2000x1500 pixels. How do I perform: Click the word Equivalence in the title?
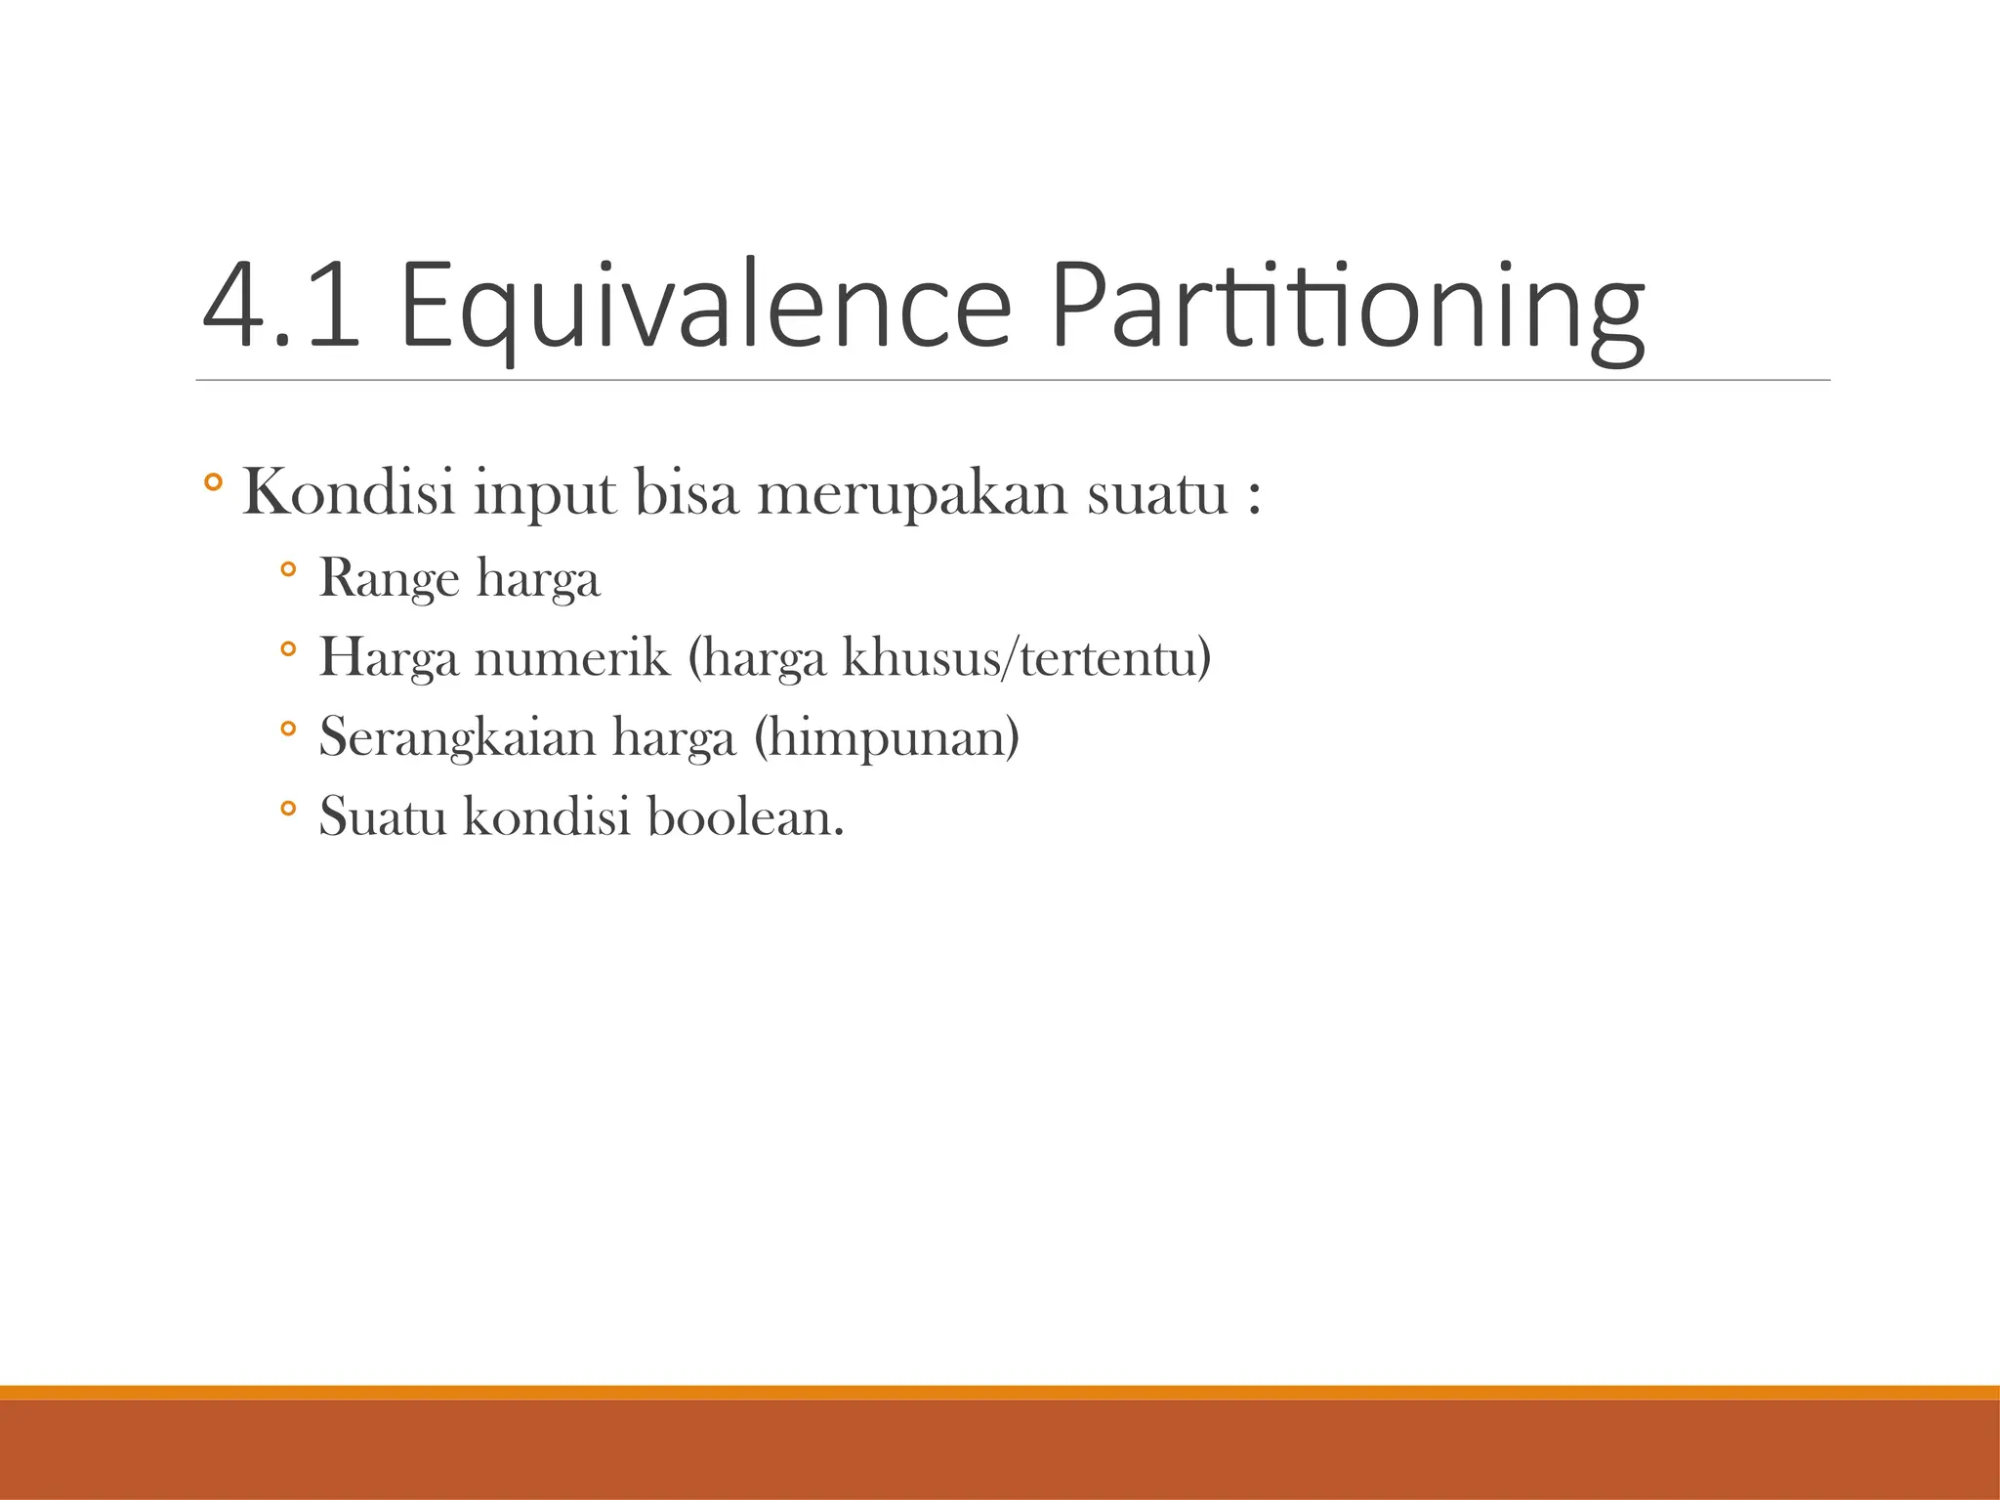(x=705, y=305)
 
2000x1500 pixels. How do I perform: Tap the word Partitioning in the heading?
(x=1347, y=305)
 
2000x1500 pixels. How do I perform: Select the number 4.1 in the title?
(x=280, y=305)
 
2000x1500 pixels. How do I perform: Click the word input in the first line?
(x=545, y=493)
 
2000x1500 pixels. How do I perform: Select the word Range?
(x=389, y=578)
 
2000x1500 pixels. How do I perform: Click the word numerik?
(x=572, y=656)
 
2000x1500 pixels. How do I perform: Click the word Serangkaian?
(x=457, y=736)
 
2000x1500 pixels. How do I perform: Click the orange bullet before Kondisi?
(x=214, y=482)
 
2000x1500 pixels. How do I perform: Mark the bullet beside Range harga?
(x=287, y=568)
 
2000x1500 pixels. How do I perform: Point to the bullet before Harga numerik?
(x=287, y=648)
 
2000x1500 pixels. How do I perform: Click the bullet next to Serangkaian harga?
(x=287, y=729)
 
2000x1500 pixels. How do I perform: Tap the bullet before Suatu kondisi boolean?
(x=287, y=808)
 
